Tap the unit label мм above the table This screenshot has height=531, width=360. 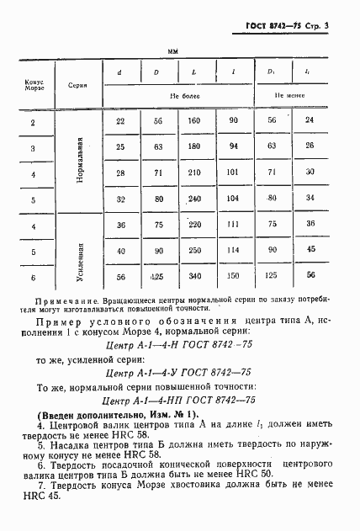[173, 52]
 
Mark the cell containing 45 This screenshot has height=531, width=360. [310, 250]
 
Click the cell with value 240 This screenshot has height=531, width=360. [195, 199]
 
